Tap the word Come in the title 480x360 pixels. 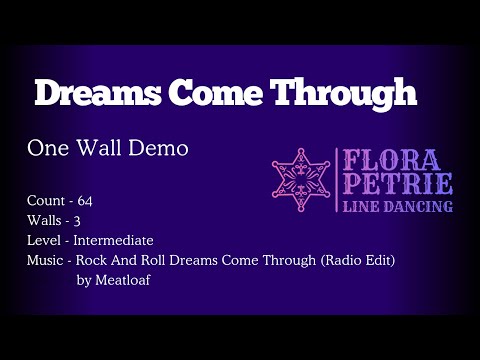[212, 93]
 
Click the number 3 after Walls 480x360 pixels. [79, 220]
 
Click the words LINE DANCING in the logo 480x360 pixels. [397, 206]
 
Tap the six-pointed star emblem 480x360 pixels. [302, 181]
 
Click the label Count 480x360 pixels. [44, 201]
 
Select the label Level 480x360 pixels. [43, 240]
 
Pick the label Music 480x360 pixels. [45, 260]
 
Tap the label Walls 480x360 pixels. [44, 220]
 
